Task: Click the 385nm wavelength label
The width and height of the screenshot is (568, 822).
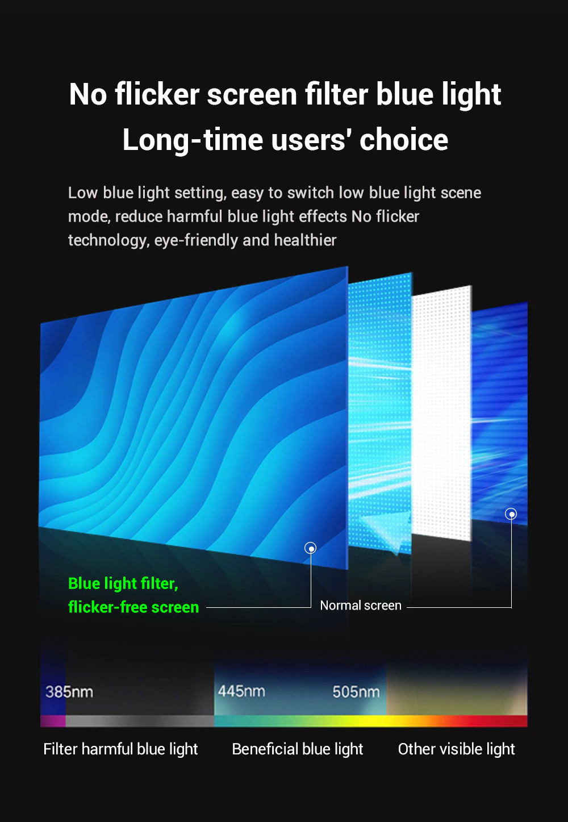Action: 69,692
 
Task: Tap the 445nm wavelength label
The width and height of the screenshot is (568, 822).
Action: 241,691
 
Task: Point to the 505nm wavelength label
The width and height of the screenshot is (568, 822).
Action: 356,692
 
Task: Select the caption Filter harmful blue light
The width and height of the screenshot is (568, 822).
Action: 120,749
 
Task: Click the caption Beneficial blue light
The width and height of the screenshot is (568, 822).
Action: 298,749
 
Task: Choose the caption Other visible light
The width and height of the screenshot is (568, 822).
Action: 457,749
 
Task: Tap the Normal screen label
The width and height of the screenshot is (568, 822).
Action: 361,605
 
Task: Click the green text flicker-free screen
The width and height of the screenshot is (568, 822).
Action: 133,607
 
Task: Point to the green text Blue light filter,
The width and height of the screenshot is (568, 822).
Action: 123,584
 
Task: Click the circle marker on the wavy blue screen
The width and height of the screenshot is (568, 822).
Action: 311,548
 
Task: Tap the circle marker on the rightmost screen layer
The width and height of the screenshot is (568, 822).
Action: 511,514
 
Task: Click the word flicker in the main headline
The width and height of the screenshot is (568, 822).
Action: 157,94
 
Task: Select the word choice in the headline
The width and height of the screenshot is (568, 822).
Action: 404,140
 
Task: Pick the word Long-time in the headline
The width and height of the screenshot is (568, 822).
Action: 193,140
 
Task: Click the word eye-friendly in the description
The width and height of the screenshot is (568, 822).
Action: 196,240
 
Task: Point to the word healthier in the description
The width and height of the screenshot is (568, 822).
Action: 305,240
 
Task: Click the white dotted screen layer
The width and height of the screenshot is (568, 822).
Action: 441,413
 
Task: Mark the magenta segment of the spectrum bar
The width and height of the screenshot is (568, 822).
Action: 53,721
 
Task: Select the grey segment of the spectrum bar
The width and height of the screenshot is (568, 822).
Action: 139,721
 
